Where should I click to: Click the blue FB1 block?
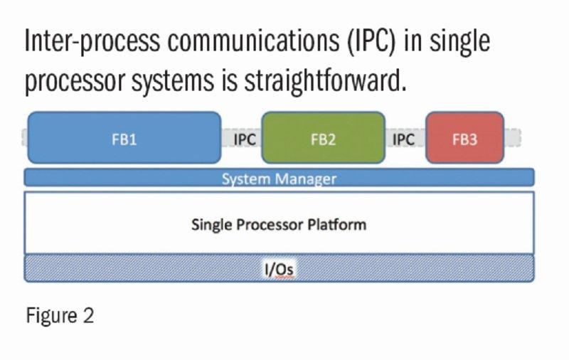pyautogui.click(x=124, y=139)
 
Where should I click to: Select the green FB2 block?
pyautogui.click(x=323, y=139)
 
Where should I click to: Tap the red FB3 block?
pyautogui.click(x=464, y=139)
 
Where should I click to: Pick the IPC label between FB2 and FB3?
pyautogui.click(x=403, y=139)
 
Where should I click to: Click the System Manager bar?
pyautogui.click(x=279, y=178)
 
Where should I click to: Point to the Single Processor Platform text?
pyautogui.click(x=279, y=225)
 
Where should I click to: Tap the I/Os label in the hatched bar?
pyautogui.click(x=279, y=269)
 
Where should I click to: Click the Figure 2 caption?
pyautogui.click(x=60, y=315)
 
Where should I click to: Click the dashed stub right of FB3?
pyautogui.click(x=513, y=138)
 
